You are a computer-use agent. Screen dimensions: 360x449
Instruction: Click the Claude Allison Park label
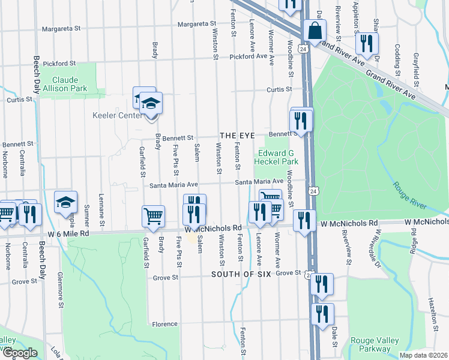(69, 84)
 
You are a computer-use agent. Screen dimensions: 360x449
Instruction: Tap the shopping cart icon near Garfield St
(153, 217)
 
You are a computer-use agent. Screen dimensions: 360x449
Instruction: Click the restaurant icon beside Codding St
(366, 43)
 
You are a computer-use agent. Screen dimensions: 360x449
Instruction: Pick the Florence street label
(164, 324)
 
